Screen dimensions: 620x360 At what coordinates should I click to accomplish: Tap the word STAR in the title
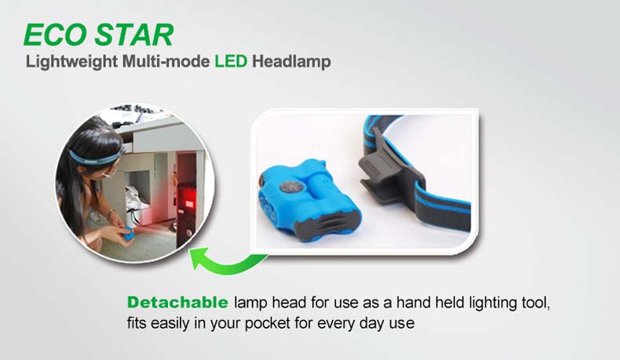[134, 35]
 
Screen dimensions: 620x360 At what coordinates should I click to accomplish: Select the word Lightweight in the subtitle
[71, 62]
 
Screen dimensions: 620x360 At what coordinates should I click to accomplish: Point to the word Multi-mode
[166, 61]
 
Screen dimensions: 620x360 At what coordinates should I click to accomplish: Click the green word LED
[231, 61]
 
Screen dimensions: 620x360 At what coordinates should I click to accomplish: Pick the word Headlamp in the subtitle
[291, 62]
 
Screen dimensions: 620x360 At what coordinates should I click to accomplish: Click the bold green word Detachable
[177, 302]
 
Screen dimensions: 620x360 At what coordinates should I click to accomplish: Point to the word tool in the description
[535, 303]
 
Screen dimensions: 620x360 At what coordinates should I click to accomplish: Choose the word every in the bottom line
[336, 324]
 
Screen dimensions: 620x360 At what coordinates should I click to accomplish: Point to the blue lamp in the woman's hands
[128, 235]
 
